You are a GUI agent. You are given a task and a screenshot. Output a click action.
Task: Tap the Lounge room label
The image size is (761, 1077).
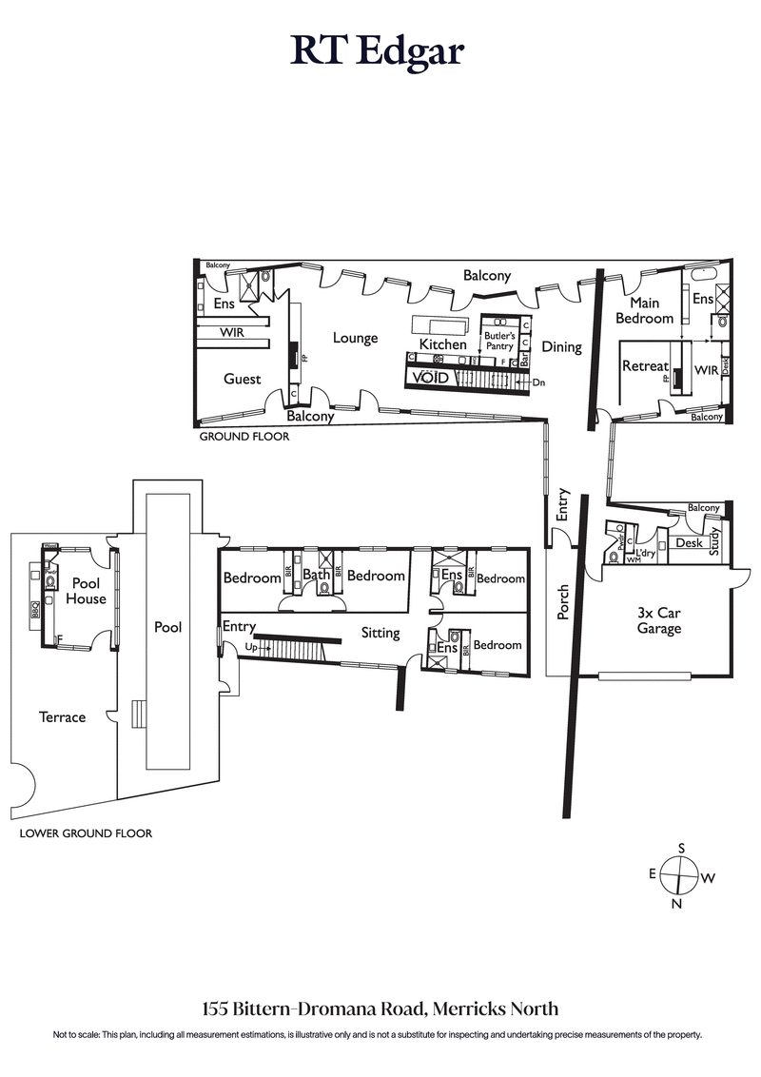(355, 338)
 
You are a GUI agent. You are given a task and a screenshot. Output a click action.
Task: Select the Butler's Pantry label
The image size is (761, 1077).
(500, 343)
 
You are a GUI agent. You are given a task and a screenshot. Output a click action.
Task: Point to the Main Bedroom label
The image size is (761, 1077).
(644, 310)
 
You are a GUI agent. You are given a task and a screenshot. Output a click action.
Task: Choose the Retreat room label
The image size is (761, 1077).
(644, 366)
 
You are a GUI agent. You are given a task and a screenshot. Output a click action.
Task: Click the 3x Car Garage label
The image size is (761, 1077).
(659, 620)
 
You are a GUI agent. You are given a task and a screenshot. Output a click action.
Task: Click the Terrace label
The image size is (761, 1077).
(62, 716)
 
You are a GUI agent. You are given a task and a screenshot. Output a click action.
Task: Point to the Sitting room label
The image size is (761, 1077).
(380, 633)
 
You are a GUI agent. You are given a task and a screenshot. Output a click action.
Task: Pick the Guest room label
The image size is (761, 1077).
(242, 379)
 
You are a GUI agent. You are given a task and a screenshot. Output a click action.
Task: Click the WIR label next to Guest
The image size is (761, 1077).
(233, 333)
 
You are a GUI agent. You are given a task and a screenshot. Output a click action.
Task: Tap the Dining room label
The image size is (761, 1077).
(561, 347)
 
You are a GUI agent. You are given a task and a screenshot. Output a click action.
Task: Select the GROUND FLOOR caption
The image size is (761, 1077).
(244, 438)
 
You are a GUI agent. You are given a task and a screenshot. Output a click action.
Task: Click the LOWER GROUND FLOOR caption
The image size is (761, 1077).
(86, 833)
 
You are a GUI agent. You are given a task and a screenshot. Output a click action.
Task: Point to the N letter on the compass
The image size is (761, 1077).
(676, 904)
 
